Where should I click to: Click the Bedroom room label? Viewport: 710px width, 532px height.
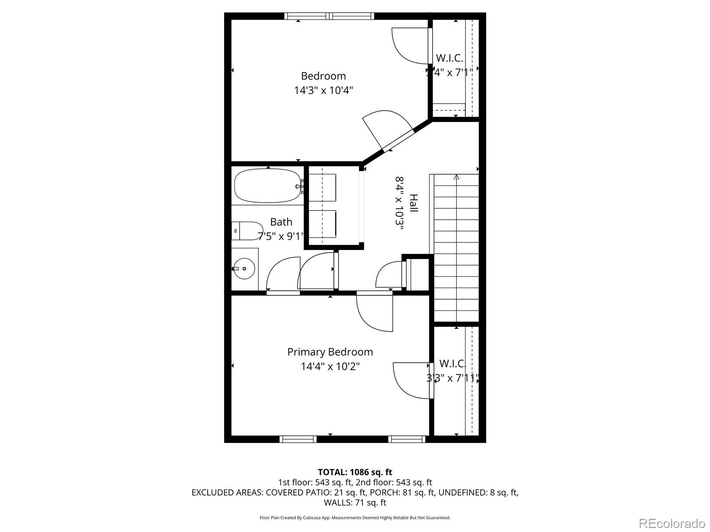click(x=323, y=76)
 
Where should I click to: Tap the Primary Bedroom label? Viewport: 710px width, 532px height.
click(x=330, y=352)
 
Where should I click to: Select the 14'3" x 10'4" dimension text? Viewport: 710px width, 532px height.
click(x=323, y=90)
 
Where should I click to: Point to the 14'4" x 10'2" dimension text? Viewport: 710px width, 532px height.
click(x=330, y=366)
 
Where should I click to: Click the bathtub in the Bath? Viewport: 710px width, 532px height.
click(x=266, y=186)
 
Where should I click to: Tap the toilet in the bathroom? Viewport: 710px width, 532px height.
click(x=247, y=231)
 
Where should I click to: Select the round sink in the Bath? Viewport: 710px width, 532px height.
click(x=244, y=269)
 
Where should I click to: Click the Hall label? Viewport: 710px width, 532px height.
click(x=414, y=203)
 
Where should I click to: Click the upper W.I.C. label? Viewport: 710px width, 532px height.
click(x=449, y=58)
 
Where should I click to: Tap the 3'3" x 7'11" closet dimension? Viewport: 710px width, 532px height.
click(x=453, y=378)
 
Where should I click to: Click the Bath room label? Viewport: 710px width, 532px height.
click(x=281, y=222)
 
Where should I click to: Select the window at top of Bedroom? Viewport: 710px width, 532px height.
click(x=329, y=16)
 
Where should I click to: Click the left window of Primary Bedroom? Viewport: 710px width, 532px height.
click(x=298, y=439)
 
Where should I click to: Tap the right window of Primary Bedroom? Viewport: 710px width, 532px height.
click(x=406, y=439)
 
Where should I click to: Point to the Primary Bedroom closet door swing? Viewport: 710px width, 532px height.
click(x=410, y=380)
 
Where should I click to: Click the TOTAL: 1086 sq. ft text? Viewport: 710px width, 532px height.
click(x=355, y=472)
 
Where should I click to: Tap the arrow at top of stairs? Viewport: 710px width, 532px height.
click(x=456, y=177)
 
